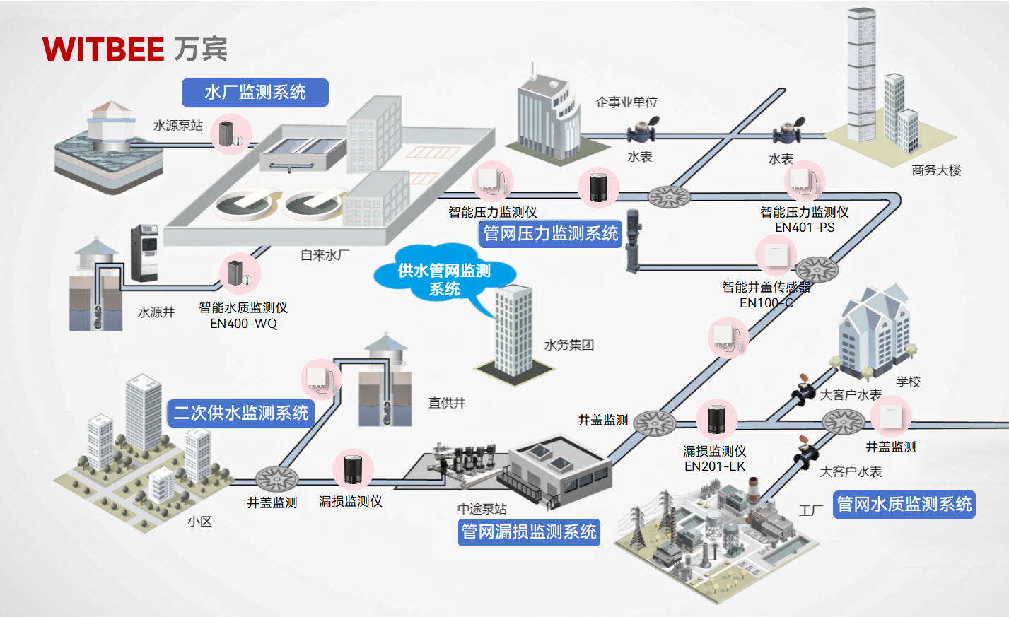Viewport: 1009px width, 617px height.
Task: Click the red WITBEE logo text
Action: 103,49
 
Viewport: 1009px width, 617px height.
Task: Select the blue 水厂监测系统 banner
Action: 255,93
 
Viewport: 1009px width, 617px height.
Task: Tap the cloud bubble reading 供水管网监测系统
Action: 444,279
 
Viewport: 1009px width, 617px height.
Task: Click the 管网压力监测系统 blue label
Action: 550,233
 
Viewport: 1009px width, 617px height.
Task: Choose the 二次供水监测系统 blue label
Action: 241,413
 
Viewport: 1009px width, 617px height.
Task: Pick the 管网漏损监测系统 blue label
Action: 529,531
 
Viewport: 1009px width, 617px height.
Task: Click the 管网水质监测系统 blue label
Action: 904,504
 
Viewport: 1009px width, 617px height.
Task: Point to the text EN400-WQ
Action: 243,324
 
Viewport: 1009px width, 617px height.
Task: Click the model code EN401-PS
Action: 805,228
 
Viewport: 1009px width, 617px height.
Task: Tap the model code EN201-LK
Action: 715,466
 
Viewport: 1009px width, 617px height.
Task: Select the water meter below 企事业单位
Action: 642,131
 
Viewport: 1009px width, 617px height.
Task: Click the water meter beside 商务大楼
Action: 786,131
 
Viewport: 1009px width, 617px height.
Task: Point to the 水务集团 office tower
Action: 513,332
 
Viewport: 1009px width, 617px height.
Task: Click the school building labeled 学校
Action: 874,332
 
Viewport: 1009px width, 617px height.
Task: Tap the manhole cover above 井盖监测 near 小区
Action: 276,478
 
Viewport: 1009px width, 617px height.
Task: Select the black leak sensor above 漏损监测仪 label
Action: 352,469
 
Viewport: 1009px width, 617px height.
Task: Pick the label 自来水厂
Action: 325,255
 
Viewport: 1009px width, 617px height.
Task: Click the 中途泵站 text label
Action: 482,509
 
